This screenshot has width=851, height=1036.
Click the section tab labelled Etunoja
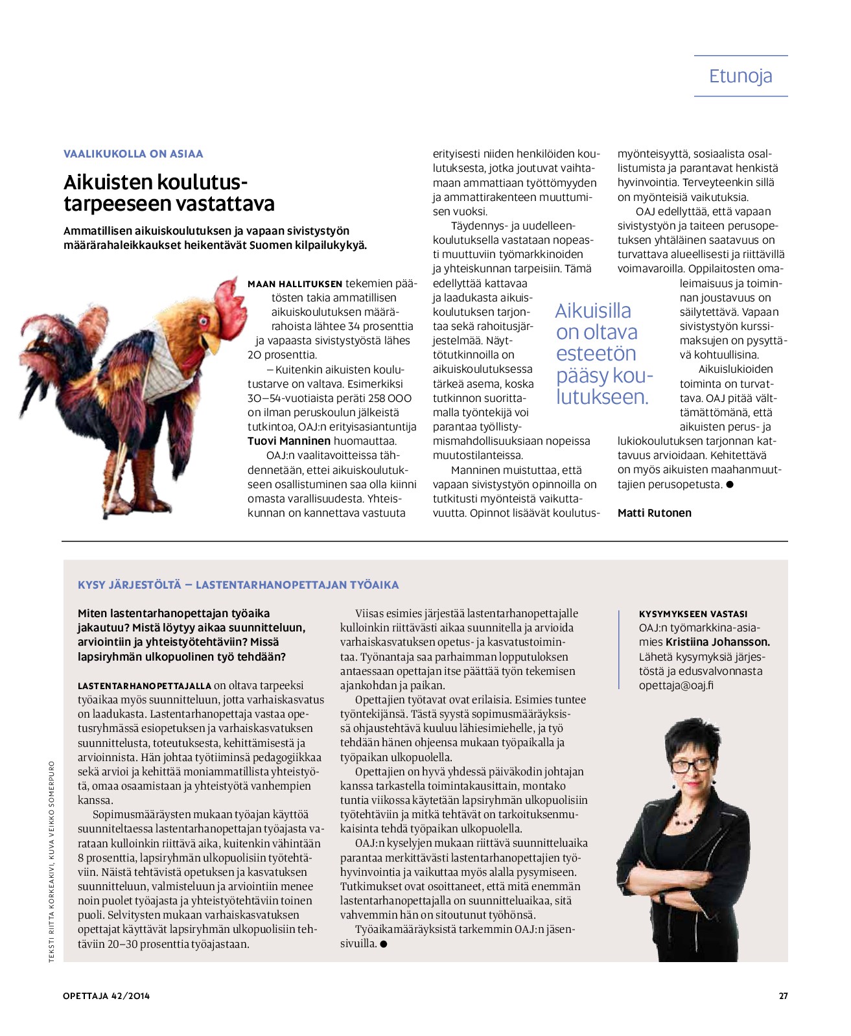click(x=740, y=76)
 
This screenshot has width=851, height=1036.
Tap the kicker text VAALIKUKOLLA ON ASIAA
click(x=133, y=154)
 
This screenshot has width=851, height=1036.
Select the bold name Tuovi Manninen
click(x=288, y=441)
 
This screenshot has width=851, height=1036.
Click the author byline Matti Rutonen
click(x=654, y=513)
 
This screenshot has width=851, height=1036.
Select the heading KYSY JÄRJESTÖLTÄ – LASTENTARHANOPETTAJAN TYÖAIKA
click(x=238, y=585)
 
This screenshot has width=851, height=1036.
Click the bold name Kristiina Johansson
click(x=717, y=642)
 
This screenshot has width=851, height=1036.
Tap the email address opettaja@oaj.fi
click(x=676, y=685)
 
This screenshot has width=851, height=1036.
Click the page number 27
click(x=783, y=996)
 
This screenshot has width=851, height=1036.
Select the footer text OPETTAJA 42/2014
click(x=106, y=996)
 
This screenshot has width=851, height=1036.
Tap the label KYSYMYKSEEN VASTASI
click(x=693, y=613)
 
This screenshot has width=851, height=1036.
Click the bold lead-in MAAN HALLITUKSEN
click(x=295, y=284)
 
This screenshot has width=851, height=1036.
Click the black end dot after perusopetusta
click(x=730, y=484)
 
